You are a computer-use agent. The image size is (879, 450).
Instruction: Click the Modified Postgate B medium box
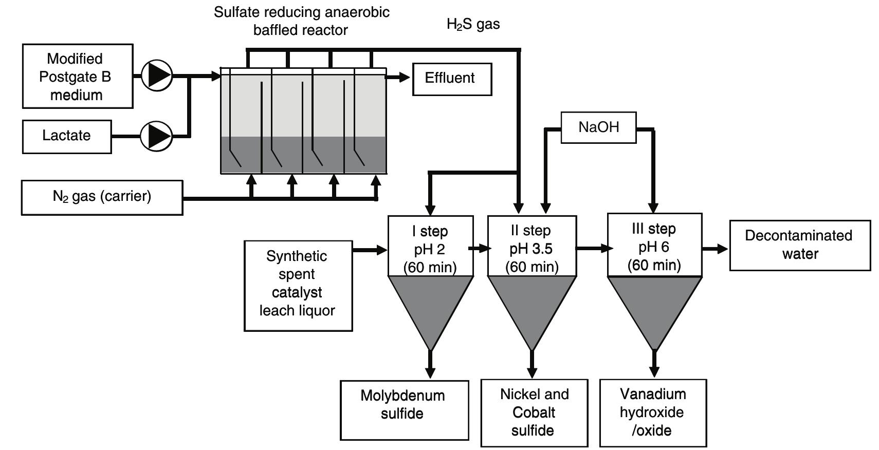click(x=78, y=76)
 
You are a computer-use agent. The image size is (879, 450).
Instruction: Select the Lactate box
click(x=67, y=136)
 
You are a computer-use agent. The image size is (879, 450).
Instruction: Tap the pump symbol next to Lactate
click(x=156, y=136)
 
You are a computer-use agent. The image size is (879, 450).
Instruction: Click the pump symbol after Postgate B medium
click(x=156, y=76)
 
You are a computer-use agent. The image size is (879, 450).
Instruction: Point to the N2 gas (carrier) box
click(x=102, y=197)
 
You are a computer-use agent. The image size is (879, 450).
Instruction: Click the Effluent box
click(x=452, y=79)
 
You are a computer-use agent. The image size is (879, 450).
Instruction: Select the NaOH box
click(x=598, y=127)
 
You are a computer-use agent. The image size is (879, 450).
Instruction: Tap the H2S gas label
click(x=473, y=24)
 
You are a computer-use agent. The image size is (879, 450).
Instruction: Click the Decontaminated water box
click(x=799, y=245)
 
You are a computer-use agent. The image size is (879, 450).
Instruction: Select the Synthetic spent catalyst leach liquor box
click(x=298, y=285)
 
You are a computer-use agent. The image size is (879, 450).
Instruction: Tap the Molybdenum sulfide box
click(x=404, y=409)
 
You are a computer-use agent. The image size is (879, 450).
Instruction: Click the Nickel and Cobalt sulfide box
click(x=534, y=413)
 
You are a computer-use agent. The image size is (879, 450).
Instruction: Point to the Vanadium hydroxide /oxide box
click(x=653, y=413)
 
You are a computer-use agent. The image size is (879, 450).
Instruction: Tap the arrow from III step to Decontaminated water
click(x=715, y=249)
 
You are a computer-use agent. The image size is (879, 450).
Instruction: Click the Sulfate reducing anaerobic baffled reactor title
click(x=301, y=21)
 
